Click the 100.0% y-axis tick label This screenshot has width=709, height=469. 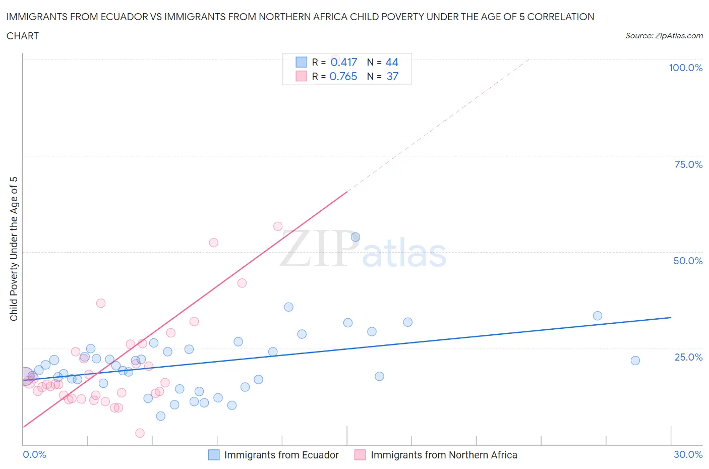pyautogui.click(x=685, y=68)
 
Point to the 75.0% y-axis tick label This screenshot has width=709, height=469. pyautogui.click(x=688, y=164)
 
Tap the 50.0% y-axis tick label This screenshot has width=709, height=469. pyautogui.click(x=688, y=261)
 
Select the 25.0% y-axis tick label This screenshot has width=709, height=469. pyautogui.click(x=688, y=357)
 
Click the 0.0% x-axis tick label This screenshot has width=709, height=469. pyautogui.click(x=34, y=454)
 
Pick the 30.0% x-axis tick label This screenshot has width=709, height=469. pyautogui.click(x=688, y=454)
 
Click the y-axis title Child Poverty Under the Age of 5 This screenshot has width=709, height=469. pyautogui.click(x=14, y=249)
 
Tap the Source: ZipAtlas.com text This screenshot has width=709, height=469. pyautogui.click(x=664, y=36)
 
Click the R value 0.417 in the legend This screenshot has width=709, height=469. pyautogui.click(x=343, y=62)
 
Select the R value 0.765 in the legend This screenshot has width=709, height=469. pyautogui.click(x=343, y=76)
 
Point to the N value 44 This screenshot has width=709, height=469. pyautogui.click(x=392, y=62)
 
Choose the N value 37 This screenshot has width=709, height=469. pyautogui.click(x=392, y=76)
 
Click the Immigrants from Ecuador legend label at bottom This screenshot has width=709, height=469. pyautogui.click(x=281, y=455)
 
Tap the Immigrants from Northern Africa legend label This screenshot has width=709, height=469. pyautogui.click(x=444, y=455)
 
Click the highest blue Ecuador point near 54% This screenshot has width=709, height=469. pyautogui.click(x=356, y=237)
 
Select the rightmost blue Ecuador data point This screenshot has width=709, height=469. pyautogui.click(x=635, y=361)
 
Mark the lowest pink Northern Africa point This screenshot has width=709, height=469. pyautogui.click(x=140, y=433)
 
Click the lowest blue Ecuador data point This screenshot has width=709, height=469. pyautogui.click(x=161, y=416)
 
